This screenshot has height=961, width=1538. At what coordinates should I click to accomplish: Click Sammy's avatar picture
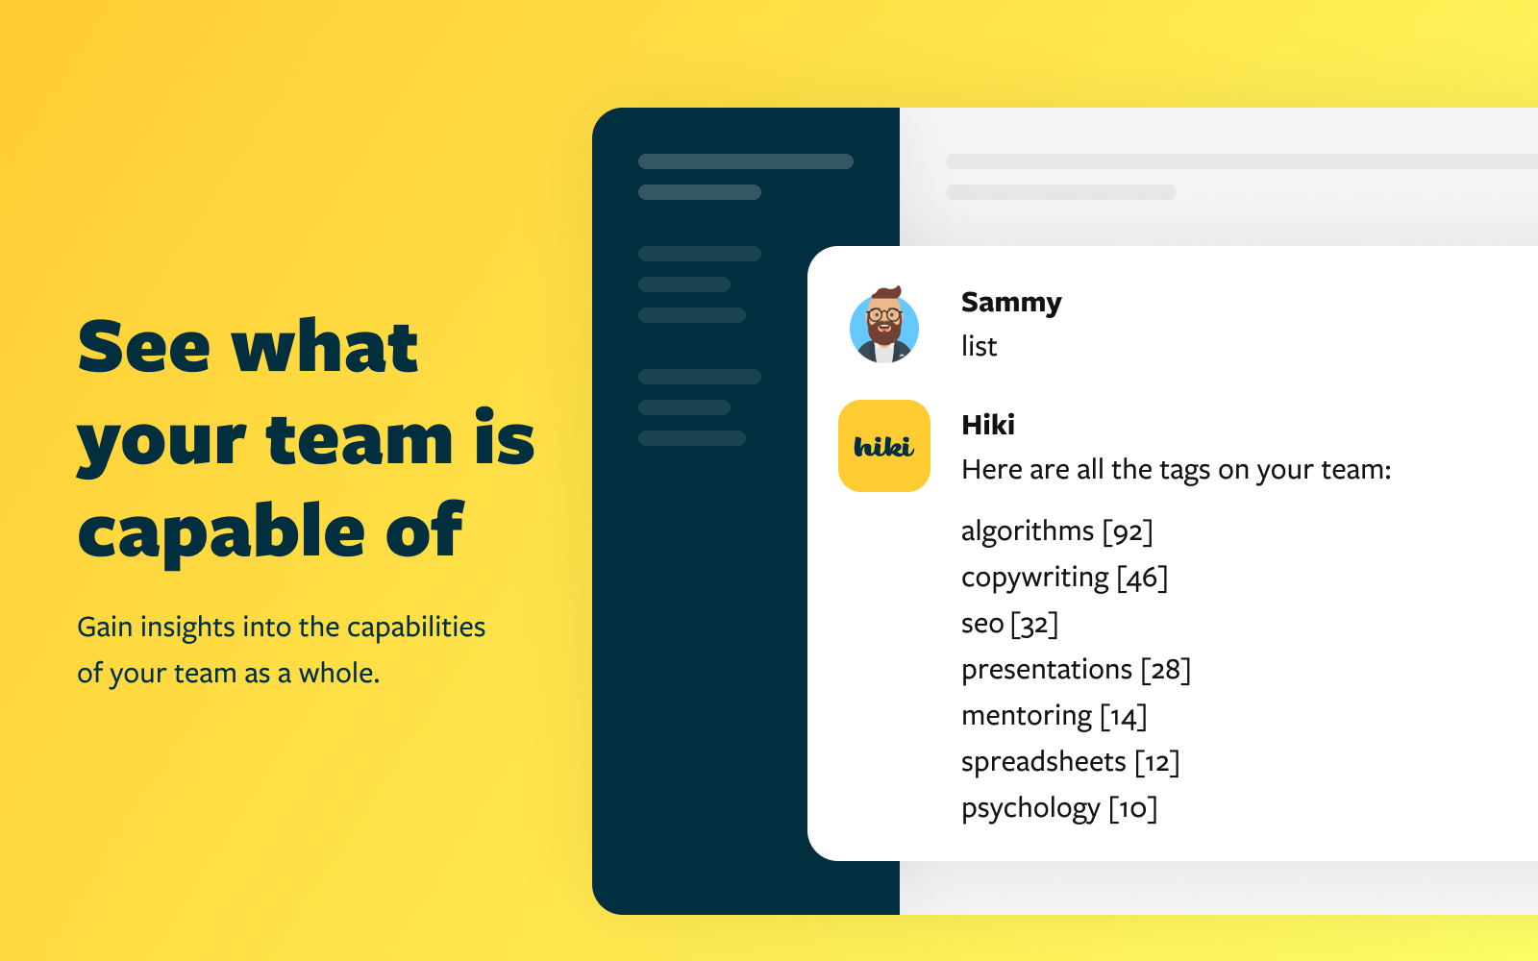(884, 325)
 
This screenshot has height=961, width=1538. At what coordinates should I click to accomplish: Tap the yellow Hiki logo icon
(884, 446)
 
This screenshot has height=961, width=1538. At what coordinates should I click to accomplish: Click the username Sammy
(1011, 302)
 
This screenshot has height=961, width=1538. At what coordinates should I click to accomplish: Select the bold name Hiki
(988, 425)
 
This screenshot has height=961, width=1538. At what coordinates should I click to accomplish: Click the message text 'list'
(979, 346)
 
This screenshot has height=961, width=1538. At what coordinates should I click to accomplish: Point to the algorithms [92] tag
(1056, 531)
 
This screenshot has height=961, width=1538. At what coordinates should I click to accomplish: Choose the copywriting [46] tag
(1064, 578)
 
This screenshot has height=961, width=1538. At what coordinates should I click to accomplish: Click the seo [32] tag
(1009, 624)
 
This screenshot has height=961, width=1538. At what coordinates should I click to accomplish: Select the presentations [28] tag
(1076, 670)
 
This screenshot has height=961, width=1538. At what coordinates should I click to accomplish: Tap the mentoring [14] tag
(1054, 716)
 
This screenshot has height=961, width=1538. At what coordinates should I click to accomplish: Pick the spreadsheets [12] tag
(1070, 762)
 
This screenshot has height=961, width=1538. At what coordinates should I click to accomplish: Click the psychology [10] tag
(1058, 808)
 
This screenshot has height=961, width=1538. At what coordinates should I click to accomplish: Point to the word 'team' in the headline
(359, 440)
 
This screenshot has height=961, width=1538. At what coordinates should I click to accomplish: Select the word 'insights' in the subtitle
(187, 628)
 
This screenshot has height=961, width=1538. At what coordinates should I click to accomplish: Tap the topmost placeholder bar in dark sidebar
(746, 161)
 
